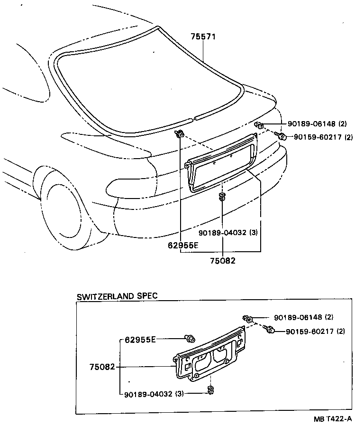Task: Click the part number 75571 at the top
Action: click(x=203, y=37)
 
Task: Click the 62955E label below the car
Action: click(x=182, y=246)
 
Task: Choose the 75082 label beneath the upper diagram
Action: click(x=223, y=260)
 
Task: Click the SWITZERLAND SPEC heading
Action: click(x=117, y=296)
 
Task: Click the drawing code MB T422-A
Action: click(x=332, y=419)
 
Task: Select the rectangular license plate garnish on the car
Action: click(x=222, y=162)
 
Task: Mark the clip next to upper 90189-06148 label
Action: click(x=259, y=125)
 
